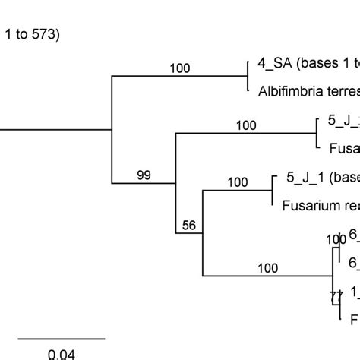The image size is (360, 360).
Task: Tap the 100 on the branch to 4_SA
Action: [x=180, y=68]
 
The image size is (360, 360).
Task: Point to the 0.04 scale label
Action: [x=61, y=354]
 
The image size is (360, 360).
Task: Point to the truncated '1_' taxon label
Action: [x=354, y=312]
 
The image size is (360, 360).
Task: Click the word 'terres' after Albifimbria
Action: [x=343, y=89]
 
